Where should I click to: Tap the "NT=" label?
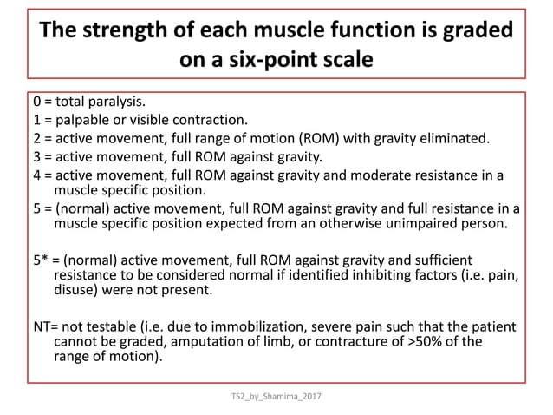pyautogui.click(x=42, y=328)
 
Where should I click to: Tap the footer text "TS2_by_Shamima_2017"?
pyautogui.click(x=276, y=397)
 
